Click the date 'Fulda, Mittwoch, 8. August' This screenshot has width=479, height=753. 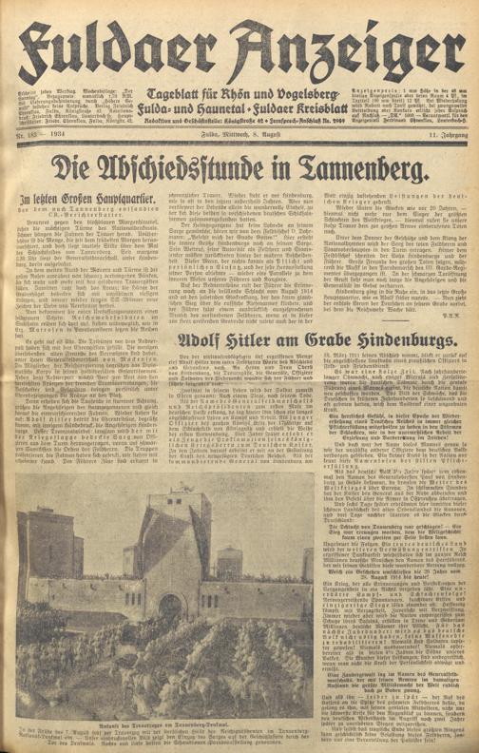(239, 169)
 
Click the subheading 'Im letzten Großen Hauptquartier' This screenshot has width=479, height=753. (86, 229)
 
